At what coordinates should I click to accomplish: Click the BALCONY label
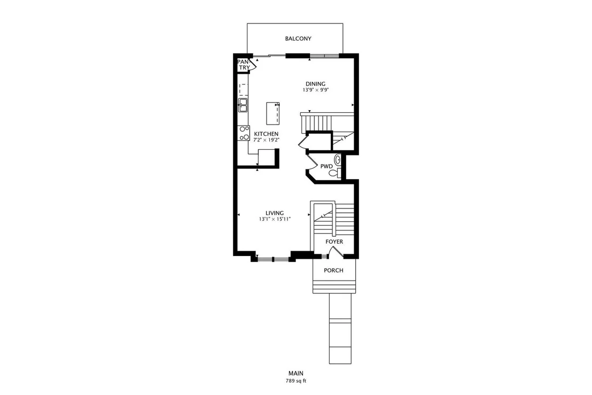click(x=298, y=38)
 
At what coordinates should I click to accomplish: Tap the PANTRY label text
click(x=244, y=65)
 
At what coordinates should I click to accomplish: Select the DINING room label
click(x=315, y=84)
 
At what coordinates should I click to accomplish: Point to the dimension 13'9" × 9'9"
click(x=315, y=90)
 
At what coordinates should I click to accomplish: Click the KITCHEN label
click(x=266, y=134)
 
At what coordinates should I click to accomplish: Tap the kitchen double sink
click(x=243, y=105)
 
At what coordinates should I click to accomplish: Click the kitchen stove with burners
click(x=244, y=133)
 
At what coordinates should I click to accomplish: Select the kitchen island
click(x=272, y=113)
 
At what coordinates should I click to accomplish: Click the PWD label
click(x=326, y=166)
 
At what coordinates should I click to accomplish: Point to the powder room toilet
click(x=334, y=173)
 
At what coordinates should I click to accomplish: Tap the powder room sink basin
click(x=338, y=160)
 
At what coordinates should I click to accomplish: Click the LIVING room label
click(x=275, y=213)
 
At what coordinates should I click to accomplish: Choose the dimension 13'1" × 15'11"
click(x=275, y=219)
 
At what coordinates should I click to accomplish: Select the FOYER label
click(x=334, y=242)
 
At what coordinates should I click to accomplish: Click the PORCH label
click(x=334, y=270)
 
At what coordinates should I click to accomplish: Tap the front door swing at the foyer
click(x=334, y=252)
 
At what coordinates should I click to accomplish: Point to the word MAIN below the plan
click(x=296, y=374)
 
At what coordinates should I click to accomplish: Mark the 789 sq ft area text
click(x=296, y=381)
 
